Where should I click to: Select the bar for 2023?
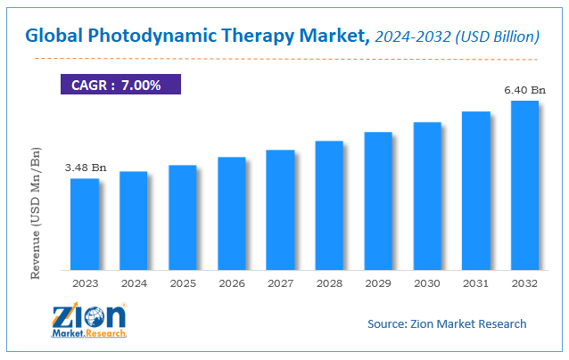click(x=85, y=224)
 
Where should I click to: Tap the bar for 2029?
click(x=378, y=200)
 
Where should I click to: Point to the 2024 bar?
click(x=134, y=220)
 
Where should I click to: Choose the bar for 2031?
click(x=475, y=190)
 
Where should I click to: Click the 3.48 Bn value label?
click(x=85, y=167)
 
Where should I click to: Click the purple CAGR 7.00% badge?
click(x=120, y=84)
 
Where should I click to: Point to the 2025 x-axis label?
click(x=183, y=284)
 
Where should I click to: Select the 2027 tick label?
click(x=280, y=284)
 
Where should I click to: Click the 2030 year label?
click(x=426, y=284)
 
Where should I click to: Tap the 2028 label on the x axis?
click(x=329, y=284)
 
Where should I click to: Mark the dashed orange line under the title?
click(x=285, y=59)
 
